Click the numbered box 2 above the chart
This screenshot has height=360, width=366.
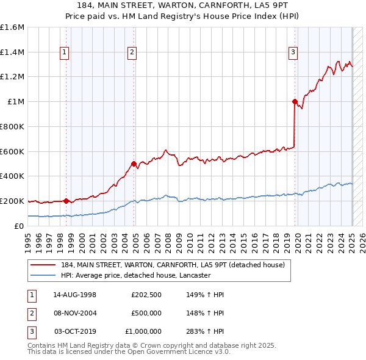(132, 52)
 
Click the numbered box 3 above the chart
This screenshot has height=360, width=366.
(293, 52)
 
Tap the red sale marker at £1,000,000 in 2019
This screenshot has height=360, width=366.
(295, 101)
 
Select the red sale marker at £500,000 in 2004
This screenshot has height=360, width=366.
(134, 164)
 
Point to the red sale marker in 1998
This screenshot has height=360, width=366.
(66, 200)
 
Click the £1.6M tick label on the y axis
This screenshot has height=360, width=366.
(12, 27)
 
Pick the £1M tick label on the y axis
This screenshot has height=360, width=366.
(16, 102)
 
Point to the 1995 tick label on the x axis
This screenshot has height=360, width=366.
(28, 239)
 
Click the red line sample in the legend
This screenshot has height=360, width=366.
(44, 265)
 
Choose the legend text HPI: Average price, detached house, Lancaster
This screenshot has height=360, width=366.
(135, 275)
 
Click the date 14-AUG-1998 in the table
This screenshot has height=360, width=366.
(75, 294)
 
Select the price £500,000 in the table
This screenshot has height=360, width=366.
(146, 313)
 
